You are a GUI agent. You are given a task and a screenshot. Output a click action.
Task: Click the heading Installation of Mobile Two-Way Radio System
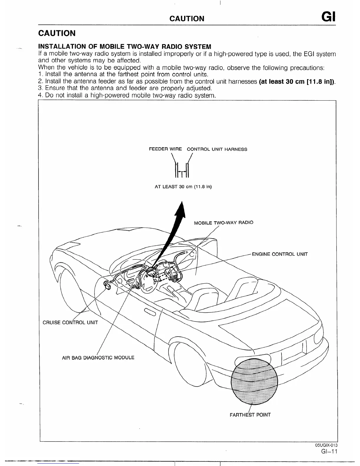point(125,47)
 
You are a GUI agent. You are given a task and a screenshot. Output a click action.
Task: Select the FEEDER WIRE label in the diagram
point(165,149)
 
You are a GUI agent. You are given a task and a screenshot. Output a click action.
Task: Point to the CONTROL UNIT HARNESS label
point(217,149)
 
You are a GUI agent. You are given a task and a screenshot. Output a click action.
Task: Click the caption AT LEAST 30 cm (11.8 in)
point(183,187)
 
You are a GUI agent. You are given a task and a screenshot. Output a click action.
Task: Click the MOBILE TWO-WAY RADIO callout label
point(224,222)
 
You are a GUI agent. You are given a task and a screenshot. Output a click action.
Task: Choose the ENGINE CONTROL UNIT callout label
point(280,254)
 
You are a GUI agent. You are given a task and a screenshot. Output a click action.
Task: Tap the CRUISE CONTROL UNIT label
point(70,322)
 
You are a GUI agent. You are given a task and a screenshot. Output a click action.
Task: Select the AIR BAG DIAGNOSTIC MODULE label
point(98,358)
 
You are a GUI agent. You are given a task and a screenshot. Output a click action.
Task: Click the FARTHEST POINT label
point(250,415)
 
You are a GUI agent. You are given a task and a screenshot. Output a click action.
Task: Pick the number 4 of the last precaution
point(41,95)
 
